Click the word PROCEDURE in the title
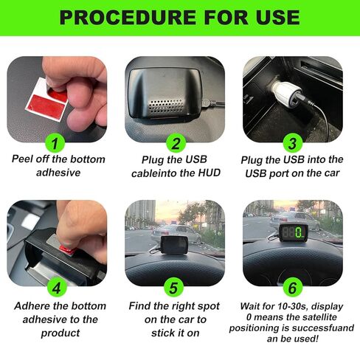click(122, 18)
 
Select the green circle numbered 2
click(176, 143)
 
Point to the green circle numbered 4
click(58, 286)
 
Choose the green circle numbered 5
click(176, 286)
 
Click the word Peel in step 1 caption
click(25, 159)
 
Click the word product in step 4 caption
click(58, 333)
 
